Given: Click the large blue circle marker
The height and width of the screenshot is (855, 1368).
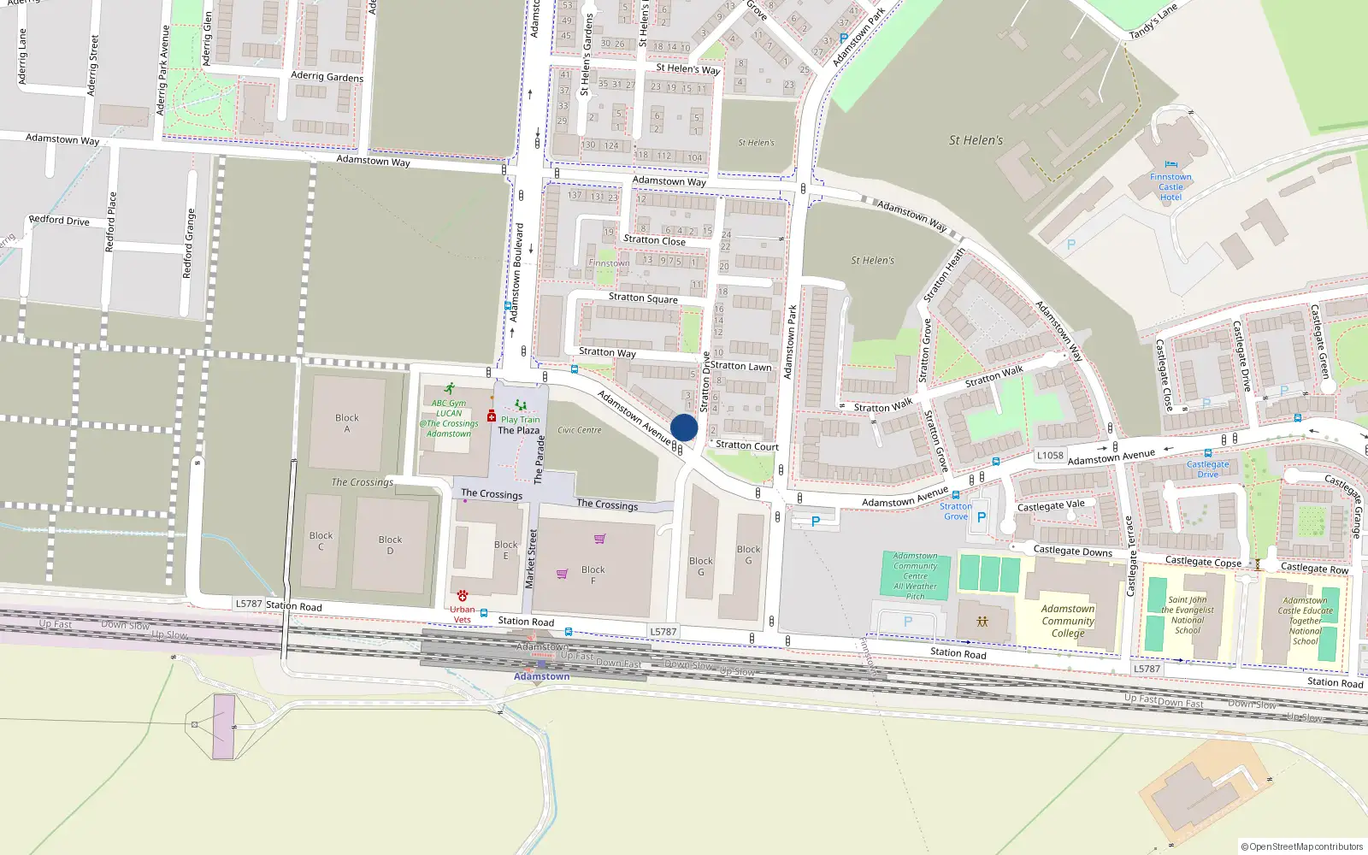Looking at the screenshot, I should [x=684, y=427].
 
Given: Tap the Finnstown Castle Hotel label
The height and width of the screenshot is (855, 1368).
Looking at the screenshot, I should [x=1170, y=187].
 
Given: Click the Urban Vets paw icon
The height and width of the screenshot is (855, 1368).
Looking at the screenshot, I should [x=462, y=595].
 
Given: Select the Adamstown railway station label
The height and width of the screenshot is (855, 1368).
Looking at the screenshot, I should [x=541, y=676].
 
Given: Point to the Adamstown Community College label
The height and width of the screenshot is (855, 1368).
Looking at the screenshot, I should [x=1068, y=622].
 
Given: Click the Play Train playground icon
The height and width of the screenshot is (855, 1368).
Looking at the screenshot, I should [x=520, y=405].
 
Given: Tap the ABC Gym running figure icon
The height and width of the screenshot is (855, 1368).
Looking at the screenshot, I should [x=449, y=389].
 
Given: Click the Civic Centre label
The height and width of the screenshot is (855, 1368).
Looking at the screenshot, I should [x=580, y=430].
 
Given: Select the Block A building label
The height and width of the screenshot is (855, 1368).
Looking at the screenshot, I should [x=347, y=423].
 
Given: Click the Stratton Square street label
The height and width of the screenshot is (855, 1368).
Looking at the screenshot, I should [x=643, y=298].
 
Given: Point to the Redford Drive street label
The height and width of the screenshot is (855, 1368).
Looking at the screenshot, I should [x=59, y=220].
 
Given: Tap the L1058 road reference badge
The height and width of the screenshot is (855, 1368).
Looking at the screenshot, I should [x=1050, y=456].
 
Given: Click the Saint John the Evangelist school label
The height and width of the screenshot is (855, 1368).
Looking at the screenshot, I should [x=1188, y=616].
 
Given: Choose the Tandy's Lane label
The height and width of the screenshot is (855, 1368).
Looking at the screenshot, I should [x=1153, y=21].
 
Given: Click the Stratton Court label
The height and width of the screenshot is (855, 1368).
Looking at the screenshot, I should [x=746, y=445].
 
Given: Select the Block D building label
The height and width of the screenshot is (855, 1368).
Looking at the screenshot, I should [x=390, y=545].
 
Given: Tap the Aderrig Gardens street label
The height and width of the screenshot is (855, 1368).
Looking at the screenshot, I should [x=327, y=76].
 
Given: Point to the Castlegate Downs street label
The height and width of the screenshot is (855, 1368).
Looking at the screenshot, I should [x=1072, y=551].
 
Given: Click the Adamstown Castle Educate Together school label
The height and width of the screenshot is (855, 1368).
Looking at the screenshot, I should [x=1305, y=621].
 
